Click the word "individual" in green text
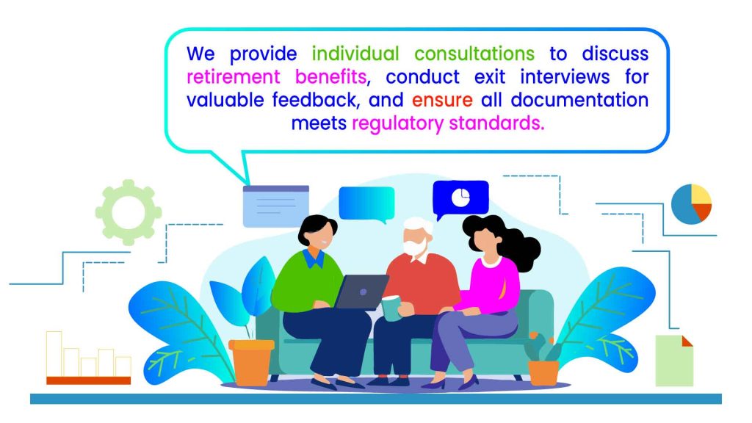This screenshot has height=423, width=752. pyautogui.click(x=355, y=54)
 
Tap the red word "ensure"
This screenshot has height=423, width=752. pyautogui.click(x=442, y=100)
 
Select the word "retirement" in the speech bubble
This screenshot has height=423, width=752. pyautogui.click(x=233, y=76)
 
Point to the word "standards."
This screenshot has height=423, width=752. pyautogui.click(x=496, y=123)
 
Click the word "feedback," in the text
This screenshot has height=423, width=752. pyautogui.click(x=314, y=100)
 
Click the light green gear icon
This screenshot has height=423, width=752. pyautogui.click(x=128, y=212)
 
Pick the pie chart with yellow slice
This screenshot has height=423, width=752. pyautogui.click(x=691, y=204)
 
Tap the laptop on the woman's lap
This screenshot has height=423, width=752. pyautogui.click(x=361, y=292)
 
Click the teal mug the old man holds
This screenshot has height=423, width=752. pyautogui.click(x=391, y=308)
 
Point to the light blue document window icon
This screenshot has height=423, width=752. pyautogui.click(x=276, y=206)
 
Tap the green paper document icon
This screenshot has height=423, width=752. pyautogui.click(x=674, y=361)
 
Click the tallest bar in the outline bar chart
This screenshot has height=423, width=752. pyautogui.click(x=54, y=354)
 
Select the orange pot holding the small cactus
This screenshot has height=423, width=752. pyautogui.click(x=543, y=372)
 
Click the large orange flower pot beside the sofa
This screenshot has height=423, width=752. pyautogui.click(x=251, y=363)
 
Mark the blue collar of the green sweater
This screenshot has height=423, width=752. pyautogui.click(x=314, y=258)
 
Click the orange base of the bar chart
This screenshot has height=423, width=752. pyautogui.click(x=89, y=380)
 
